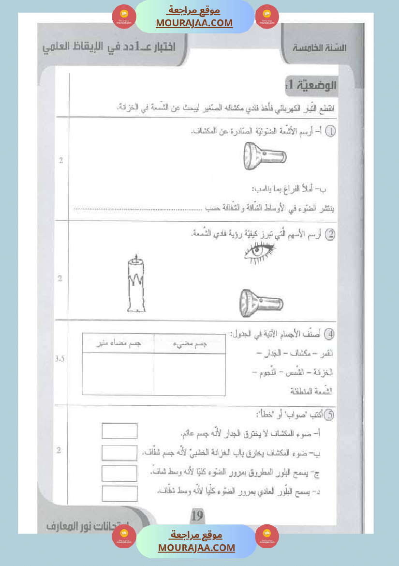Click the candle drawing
(x=137, y=285)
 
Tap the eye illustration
(x=260, y=252)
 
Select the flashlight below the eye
(x=261, y=303)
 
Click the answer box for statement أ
(x=119, y=431)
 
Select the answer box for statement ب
(x=119, y=453)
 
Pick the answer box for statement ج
(x=119, y=473)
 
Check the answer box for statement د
(x=119, y=493)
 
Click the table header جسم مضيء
(x=190, y=343)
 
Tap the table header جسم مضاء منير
(x=118, y=343)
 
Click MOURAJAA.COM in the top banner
(x=194, y=23)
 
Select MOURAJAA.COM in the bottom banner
(x=196, y=548)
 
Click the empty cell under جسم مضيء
(x=190, y=374)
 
